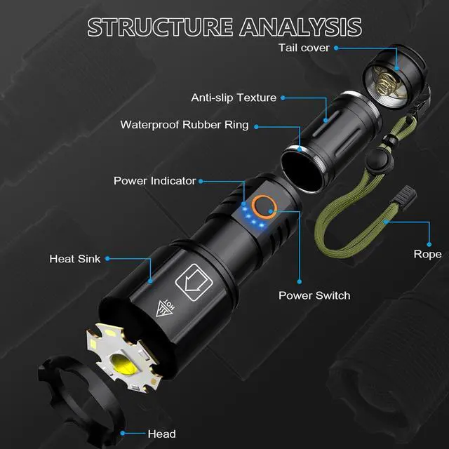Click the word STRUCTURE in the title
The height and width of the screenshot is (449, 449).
point(159,27)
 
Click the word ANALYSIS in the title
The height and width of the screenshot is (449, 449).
point(301,27)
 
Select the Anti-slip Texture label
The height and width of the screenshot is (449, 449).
point(234,98)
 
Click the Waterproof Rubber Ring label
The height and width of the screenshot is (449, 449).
point(184,126)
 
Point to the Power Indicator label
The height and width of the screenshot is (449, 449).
point(154,181)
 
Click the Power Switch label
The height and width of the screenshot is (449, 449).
point(314,295)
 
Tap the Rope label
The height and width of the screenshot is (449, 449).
point(427,254)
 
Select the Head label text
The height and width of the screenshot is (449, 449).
point(161,434)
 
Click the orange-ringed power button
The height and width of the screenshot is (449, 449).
point(264,206)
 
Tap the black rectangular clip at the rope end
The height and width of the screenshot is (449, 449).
point(405,192)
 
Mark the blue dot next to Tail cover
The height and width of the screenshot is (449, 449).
point(337,48)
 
